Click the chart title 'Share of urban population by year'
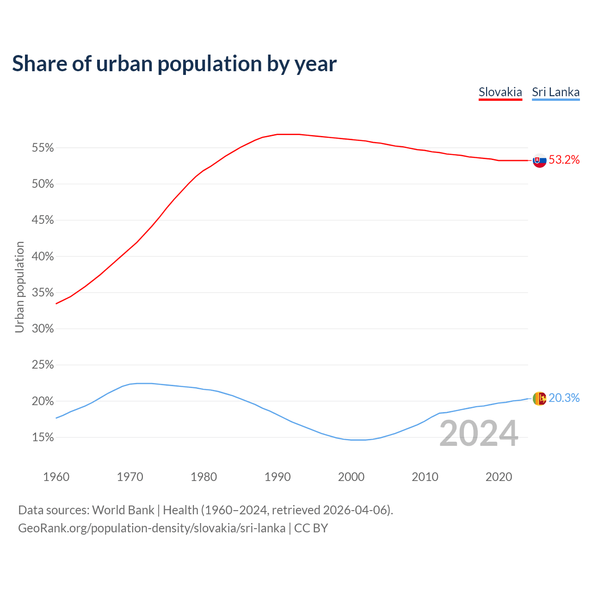[x=174, y=64]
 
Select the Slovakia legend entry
[x=500, y=92]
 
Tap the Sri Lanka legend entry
[x=555, y=92]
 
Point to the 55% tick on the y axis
[x=43, y=148]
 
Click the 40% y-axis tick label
[x=43, y=257]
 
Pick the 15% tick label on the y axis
[x=43, y=438]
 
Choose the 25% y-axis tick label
[x=43, y=365]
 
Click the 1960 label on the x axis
[x=56, y=477]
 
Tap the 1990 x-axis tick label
[x=277, y=477]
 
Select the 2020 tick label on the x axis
[x=499, y=477]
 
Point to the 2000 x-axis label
[x=351, y=477]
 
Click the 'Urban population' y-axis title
[x=19, y=287]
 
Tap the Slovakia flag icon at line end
[x=539, y=160]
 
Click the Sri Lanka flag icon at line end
[x=539, y=398]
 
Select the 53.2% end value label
[x=564, y=160]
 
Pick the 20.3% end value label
[x=564, y=398]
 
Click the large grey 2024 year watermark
[x=478, y=434]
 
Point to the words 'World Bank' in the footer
[x=123, y=510]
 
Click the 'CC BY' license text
[x=311, y=528]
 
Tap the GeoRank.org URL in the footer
[x=152, y=528]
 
